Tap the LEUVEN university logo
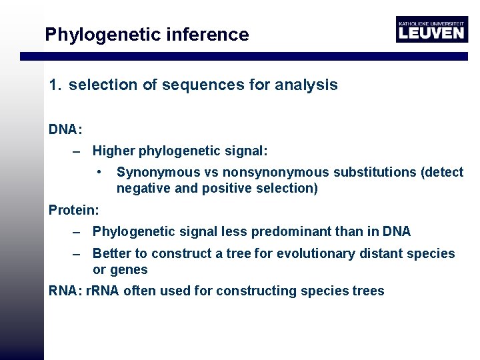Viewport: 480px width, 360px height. [x=431, y=29]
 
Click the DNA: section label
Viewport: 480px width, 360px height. [x=65, y=129]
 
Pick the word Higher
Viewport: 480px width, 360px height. [x=113, y=152]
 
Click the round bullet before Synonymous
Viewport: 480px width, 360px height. [x=99, y=171]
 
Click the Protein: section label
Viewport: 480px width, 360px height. [x=73, y=210]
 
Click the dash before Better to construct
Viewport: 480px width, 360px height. [x=77, y=254]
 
